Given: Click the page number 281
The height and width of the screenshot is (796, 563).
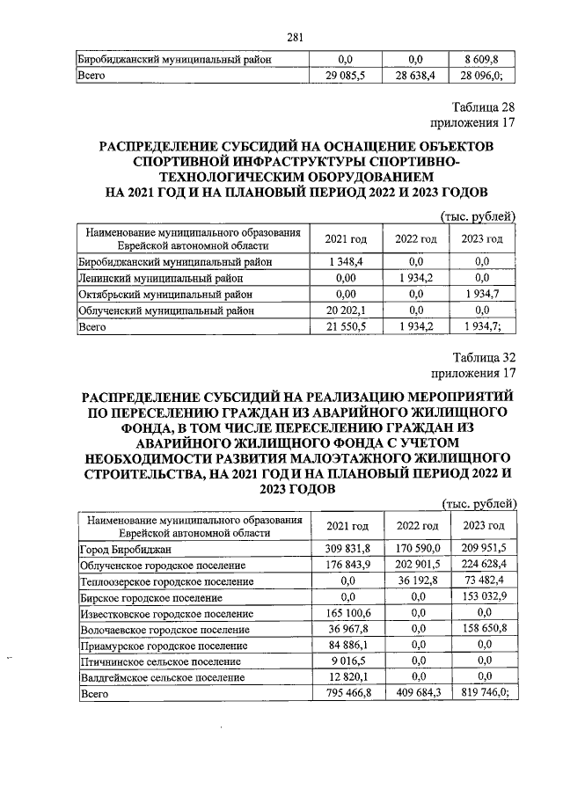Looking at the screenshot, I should point(296,36).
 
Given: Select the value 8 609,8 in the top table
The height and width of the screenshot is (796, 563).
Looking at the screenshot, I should point(482,60).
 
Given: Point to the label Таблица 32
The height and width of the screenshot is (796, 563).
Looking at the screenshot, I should point(484,356).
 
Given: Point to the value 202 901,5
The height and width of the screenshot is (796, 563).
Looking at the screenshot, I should point(417,565).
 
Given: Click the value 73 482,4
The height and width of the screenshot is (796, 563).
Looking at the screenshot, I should point(482,581).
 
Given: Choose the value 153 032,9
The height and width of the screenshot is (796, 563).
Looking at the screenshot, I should point(482,597).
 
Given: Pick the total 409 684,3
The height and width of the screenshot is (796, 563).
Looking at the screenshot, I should point(417,694).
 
